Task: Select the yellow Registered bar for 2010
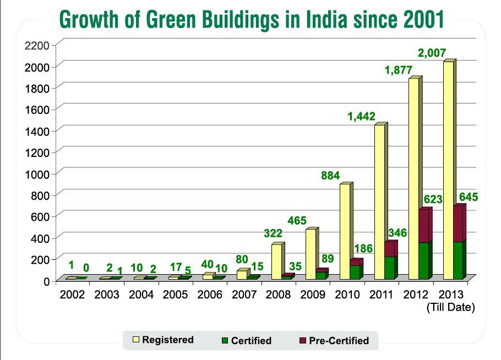(x=345, y=231)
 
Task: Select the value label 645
(x=469, y=197)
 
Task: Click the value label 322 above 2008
(x=273, y=234)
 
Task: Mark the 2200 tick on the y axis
(x=38, y=45)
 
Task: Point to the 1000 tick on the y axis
(x=38, y=173)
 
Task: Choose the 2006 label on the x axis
(x=210, y=295)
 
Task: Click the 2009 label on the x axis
(x=313, y=295)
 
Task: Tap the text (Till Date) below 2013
(x=450, y=308)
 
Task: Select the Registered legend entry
(x=167, y=340)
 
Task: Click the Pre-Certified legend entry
(x=339, y=341)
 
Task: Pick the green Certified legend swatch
(x=225, y=341)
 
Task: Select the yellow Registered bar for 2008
(x=276, y=262)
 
